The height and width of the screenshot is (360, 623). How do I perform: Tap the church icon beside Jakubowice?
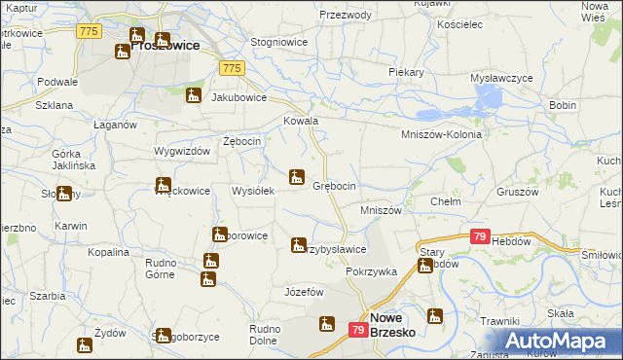(x=194, y=96)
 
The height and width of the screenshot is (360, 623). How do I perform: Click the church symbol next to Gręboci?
(x=297, y=177)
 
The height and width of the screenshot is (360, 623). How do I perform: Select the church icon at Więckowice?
(x=163, y=185)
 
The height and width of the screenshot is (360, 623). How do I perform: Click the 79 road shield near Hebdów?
(x=479, y=236)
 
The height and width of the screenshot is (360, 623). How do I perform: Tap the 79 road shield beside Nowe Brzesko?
(x=357, y=332)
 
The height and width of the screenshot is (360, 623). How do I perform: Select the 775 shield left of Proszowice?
(x=90, y=32)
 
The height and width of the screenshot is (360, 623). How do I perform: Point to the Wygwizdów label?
(x=182, y=152)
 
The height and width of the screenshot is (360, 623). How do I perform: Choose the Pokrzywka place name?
(x=371, y=271)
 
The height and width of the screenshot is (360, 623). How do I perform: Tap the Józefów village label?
(x=303, y=292)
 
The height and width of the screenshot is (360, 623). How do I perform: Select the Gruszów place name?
(x=517, y=192)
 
